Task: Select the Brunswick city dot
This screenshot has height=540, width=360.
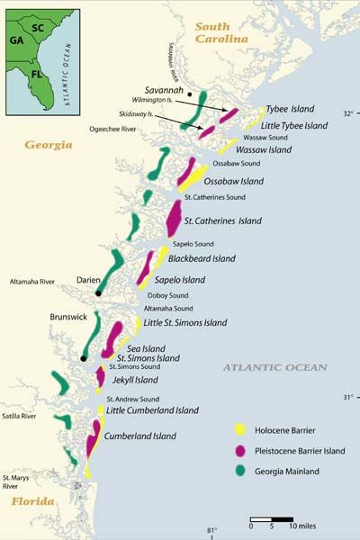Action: (x=83, y=358)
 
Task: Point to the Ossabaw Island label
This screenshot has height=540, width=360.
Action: (x=235, y=181)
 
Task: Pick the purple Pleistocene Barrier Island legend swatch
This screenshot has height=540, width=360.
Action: (x=239, y=449)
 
